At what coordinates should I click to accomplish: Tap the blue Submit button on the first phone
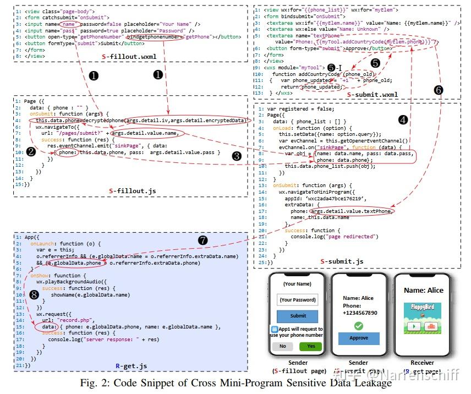tap(298, 316)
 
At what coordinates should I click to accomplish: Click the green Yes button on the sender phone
tap(310, 347)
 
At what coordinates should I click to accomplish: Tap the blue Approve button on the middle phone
tap(358, 338)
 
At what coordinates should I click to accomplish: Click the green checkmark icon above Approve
tap(358, 326)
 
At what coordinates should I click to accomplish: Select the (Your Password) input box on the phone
tap(298, 300)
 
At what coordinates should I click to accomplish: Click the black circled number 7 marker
tap(203, 240)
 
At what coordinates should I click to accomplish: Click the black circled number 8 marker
tap(35, 295)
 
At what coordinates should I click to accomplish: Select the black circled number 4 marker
tap(403, 119)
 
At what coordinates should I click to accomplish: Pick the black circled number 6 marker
tap(438, 89)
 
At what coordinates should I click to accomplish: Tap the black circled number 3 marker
tap(237, 156)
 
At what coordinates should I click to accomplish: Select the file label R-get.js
tap(130, 365)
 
